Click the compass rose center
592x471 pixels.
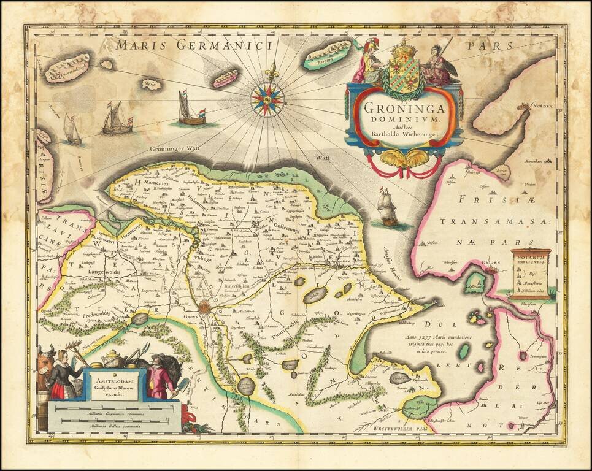tap(267, 98)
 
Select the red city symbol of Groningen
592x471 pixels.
tap(204, 307)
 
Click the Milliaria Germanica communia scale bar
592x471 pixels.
tap(114, 414)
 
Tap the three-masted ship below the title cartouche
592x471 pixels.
tap(387, 207)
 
